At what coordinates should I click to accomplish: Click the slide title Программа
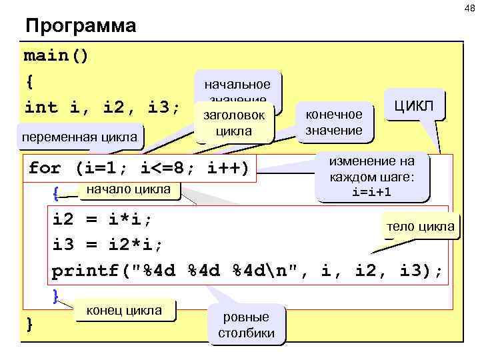[80, 26]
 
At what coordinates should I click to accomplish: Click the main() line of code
[56, 55]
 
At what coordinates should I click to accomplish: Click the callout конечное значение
[333, 121]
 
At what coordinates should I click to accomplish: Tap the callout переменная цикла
[81, 138]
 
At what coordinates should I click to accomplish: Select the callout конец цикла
[124, 310]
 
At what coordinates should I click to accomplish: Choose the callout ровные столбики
[246, 325]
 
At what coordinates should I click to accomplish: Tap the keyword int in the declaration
[41, 107]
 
